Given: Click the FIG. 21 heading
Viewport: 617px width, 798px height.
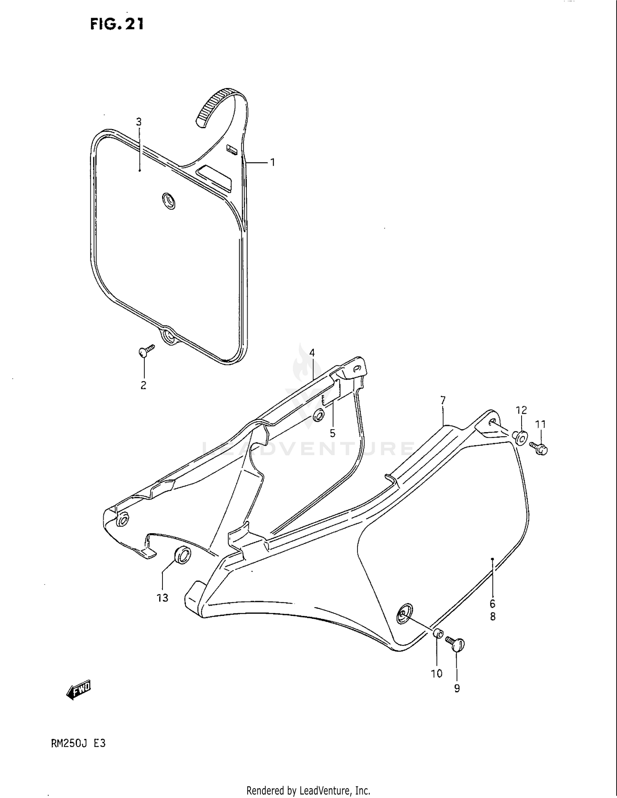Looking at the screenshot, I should pos(117,24).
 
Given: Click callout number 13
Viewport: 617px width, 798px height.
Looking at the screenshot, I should pos(162,598).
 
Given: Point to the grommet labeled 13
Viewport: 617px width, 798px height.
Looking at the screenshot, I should pos(183,555).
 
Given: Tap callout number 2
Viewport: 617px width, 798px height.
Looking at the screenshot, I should pos(144,385).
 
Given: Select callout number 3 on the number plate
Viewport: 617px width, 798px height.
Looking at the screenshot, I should pos(139,122).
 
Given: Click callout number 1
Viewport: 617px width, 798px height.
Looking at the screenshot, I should pos(272,162).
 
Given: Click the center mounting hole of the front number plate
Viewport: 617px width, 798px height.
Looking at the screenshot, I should pos(169,201).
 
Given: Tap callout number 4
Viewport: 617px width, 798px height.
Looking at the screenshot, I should pos(312,353).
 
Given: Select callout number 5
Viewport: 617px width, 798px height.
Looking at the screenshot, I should pos(332,433).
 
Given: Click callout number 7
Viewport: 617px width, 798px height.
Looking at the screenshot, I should pos(443,400).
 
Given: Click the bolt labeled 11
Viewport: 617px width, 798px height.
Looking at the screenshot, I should pos(538,448).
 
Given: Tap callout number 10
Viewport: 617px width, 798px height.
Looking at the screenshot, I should pos(437,673).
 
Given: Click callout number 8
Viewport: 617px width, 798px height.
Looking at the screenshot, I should pos(492,617).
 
